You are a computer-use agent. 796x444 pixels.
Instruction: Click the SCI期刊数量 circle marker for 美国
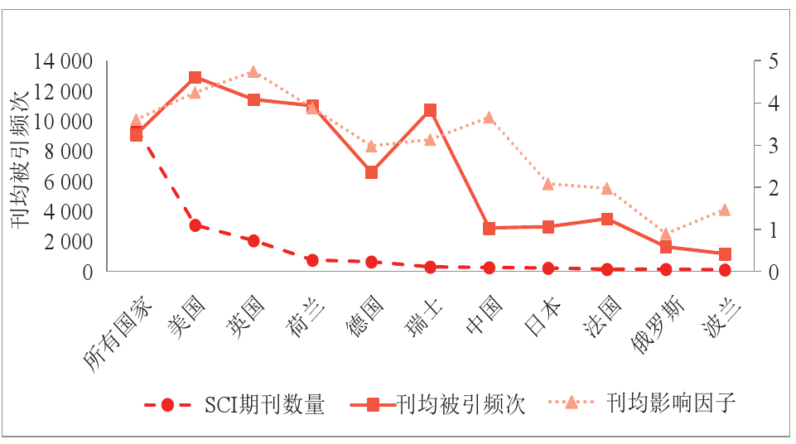point(195,225)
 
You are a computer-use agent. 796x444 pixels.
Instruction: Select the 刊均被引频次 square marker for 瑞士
point(430,110)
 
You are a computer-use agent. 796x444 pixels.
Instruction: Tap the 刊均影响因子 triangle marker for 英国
point(253,72)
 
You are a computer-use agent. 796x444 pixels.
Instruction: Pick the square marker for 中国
point(489,228)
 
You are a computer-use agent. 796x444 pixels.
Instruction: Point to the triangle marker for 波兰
point(724,210)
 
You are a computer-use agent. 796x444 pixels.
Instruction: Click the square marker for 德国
point(372,172)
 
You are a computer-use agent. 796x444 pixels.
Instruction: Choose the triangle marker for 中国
point(489,118)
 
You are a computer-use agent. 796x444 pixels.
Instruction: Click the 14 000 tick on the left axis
point(63,61)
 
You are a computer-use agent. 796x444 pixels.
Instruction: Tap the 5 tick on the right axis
point(773,61)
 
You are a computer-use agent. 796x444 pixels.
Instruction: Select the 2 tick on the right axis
point(773,187)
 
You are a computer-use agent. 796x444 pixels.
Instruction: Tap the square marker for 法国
point(607,220)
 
